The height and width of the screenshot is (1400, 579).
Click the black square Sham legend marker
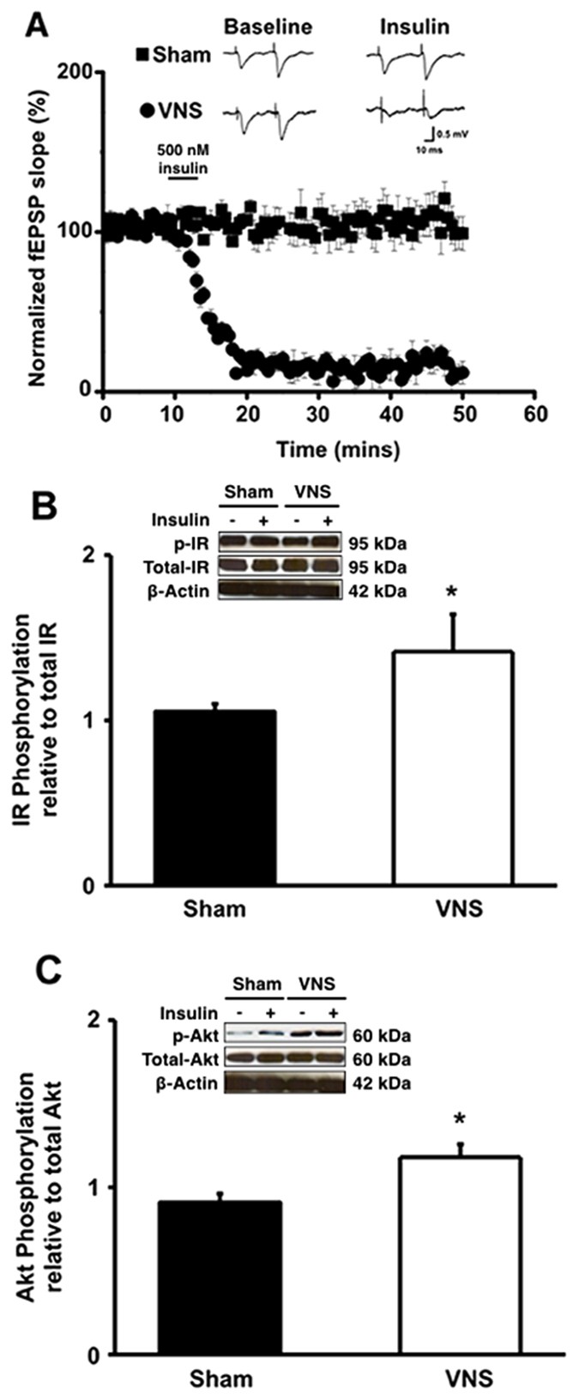coord(143,56)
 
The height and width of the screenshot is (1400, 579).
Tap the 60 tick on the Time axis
coord(535,414)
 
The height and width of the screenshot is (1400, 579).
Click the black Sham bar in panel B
coord(214,797)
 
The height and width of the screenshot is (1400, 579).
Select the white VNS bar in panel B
coord(452,768)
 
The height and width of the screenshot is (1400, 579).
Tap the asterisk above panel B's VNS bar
coord(452,594)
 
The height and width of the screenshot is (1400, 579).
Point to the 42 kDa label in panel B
coord(377,591)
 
